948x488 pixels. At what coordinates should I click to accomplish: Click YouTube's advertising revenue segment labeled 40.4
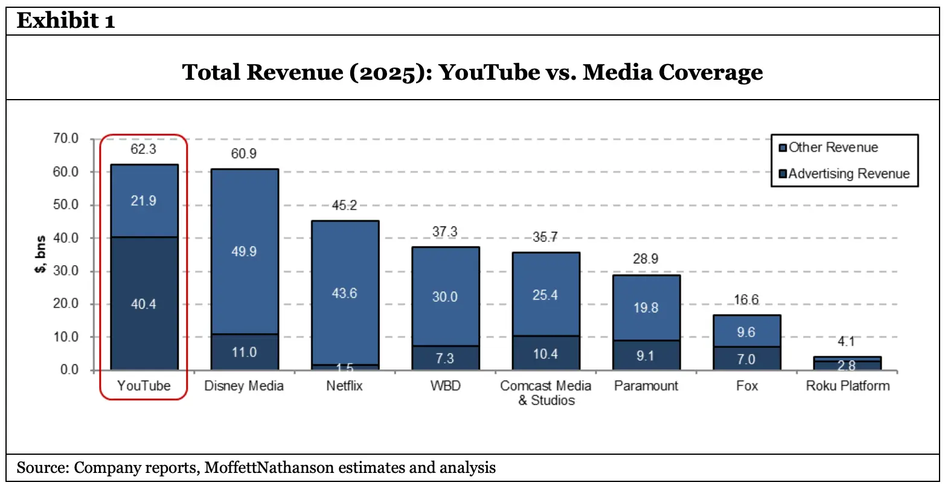point(144,304)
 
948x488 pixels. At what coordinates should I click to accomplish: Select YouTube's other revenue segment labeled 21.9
point(144,201)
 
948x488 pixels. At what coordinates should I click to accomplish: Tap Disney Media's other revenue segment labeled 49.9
point(244,251)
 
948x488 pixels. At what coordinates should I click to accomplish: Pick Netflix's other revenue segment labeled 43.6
point(345,293)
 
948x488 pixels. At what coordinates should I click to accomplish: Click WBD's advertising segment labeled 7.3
point(445,358)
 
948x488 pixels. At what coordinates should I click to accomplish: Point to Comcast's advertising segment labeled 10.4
point(545,354)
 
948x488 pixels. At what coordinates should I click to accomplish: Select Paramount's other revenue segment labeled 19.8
point(645,307)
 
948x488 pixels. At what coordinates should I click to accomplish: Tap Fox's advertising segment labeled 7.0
point(746,359)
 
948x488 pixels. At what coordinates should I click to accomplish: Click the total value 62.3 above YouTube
point(144,149)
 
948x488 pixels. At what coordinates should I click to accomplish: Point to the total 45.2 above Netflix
point(345,205)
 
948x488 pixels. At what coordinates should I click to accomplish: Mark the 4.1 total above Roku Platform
point(847,342)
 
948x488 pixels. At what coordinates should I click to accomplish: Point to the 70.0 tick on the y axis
point(66,138)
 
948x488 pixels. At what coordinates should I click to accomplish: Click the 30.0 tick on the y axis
point(66,271)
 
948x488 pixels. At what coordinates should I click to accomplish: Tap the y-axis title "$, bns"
point(40,254)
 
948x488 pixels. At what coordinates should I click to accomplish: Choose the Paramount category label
point(646,386)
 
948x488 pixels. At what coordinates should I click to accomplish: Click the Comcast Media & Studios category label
point(546,393)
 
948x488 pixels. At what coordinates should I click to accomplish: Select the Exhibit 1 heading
point(65,21)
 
